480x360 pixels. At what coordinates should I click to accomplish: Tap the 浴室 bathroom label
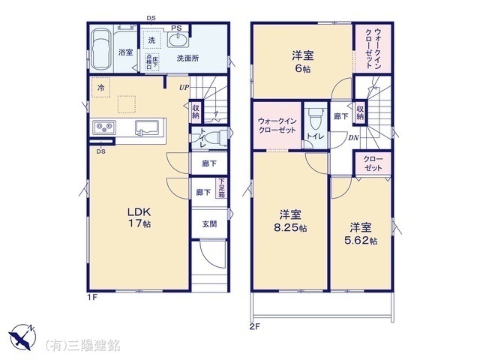[x=125, y=52]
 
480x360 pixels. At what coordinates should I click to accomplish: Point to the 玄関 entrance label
[x=209, y=224]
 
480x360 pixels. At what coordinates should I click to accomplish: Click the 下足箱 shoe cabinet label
[x=222, y=187]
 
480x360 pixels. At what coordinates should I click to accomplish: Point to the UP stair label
[x=184, y=88]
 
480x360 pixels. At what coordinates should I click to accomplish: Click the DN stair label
[x=353, y=137]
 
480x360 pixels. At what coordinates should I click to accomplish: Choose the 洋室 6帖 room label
[x=301, y=60]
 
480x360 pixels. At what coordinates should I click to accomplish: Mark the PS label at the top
[x=176, y=28]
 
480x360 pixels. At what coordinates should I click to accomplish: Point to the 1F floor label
[x=91, y=297]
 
